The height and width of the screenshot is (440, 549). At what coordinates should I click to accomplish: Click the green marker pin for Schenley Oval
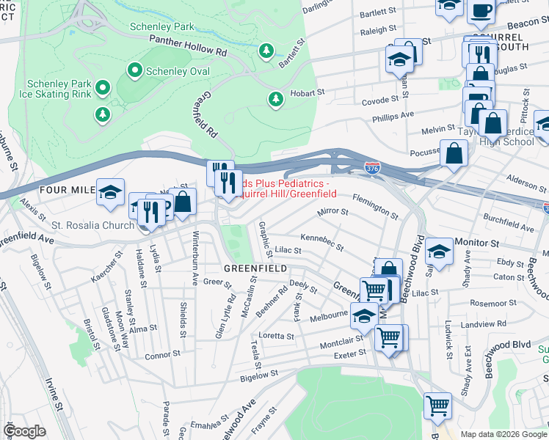point(134,71)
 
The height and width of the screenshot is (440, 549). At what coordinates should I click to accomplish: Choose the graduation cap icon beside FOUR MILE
point(110,192)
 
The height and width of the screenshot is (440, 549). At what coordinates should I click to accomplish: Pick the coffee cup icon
point(481,10)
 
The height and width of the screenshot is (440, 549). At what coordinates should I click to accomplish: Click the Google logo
point(25,430)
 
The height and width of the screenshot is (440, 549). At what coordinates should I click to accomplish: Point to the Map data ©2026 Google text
point(503,434)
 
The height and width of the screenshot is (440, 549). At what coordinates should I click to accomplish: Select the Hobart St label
point(307,93)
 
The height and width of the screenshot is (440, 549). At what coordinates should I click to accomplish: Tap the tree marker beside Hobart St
point(276,98)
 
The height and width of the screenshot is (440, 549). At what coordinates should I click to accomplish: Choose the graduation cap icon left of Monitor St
point(439,251)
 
